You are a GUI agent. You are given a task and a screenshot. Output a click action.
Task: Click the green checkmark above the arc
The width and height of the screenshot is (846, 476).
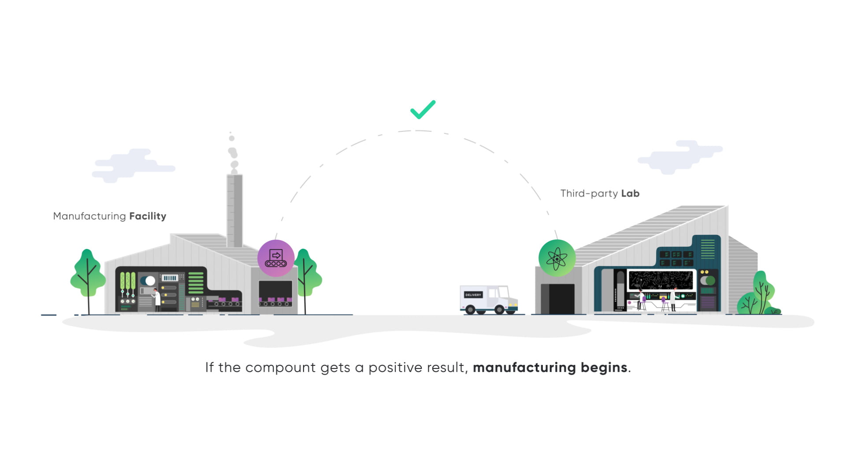pos(423,110)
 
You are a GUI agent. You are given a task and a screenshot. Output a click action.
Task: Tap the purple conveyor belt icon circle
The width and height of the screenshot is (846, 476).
pos(276,258)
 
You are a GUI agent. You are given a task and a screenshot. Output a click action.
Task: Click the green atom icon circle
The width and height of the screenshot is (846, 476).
pos(557,258)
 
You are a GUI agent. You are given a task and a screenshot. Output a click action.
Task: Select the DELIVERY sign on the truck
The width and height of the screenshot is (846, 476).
pos(473,295)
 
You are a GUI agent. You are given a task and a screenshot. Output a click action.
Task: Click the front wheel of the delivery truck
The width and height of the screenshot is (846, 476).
pos(499,309)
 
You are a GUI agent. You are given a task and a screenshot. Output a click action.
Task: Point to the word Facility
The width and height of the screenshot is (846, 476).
pos(148,216)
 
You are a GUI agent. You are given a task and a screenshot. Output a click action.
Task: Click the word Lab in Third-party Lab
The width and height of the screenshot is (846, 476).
pos(630,193)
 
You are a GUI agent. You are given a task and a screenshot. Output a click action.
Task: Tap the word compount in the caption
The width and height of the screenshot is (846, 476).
pos(281,368)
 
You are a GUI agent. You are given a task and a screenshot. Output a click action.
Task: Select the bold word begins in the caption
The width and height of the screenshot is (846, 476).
pos(604,368)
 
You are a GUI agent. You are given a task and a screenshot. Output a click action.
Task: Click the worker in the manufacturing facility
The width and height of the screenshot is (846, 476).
pos(156,299)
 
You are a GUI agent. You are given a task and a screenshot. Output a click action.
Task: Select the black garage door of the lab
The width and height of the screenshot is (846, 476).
pos(558,299)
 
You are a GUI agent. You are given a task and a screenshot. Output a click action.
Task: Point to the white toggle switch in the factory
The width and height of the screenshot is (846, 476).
pos(148,281)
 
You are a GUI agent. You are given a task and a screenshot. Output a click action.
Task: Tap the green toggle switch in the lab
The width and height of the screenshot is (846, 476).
pos(708,281)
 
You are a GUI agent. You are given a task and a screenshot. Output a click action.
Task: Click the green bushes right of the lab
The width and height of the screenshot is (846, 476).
pos(760,295)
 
